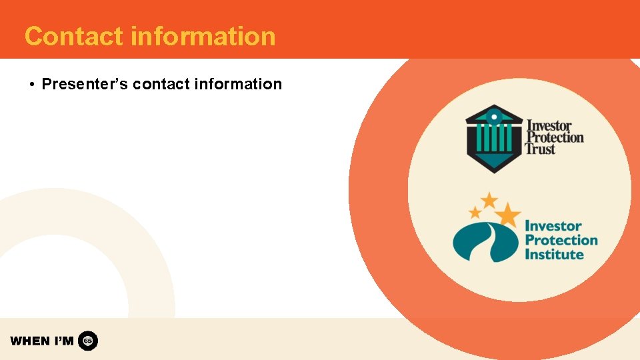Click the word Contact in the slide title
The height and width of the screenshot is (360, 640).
click(x=73, y=36)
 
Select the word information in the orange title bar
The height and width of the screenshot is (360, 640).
click(x=203, y=36)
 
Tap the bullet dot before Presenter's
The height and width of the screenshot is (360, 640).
click(x=31, y=85)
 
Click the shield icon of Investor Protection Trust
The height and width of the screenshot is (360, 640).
click(x=493, y=138)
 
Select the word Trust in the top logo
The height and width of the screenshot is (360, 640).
click(x=540, y=149)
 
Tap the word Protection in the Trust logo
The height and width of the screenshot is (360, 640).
click(x=555, y=137)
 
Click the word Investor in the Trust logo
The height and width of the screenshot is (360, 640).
click(x=549, y=125)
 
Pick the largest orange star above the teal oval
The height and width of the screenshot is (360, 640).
click(x=509, y=214)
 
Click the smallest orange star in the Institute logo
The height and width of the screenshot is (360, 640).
click(x=475, y=213)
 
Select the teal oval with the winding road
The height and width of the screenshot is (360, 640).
click(x=485, y=242)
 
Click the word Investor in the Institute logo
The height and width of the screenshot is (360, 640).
click(x=553, y=226)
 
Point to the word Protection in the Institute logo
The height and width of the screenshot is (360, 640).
click(x=561, y=240)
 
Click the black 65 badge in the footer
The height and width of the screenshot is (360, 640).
click(x=88, y=341)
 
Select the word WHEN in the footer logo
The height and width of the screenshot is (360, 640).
click(x=30, y=341)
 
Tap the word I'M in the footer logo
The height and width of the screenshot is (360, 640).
click(x=63, y=341)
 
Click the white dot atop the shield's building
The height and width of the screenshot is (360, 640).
click(x=493, y=116)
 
